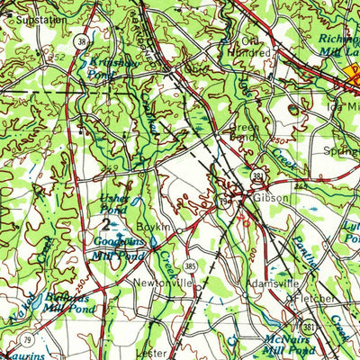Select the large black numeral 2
(x=108, y=225)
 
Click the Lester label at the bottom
(x=151, y=354)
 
